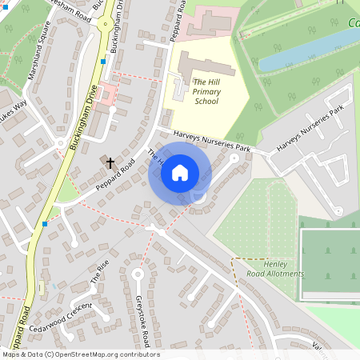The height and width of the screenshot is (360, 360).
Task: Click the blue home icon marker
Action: [180, 172]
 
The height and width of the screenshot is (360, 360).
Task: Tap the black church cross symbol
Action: [110, 162]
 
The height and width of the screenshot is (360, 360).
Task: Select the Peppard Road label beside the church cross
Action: [117, 171]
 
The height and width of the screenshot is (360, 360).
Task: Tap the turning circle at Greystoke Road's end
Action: [137, 274]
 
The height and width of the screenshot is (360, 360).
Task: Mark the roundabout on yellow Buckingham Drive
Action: [103, 23]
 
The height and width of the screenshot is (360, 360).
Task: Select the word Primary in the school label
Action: [206, 91]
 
